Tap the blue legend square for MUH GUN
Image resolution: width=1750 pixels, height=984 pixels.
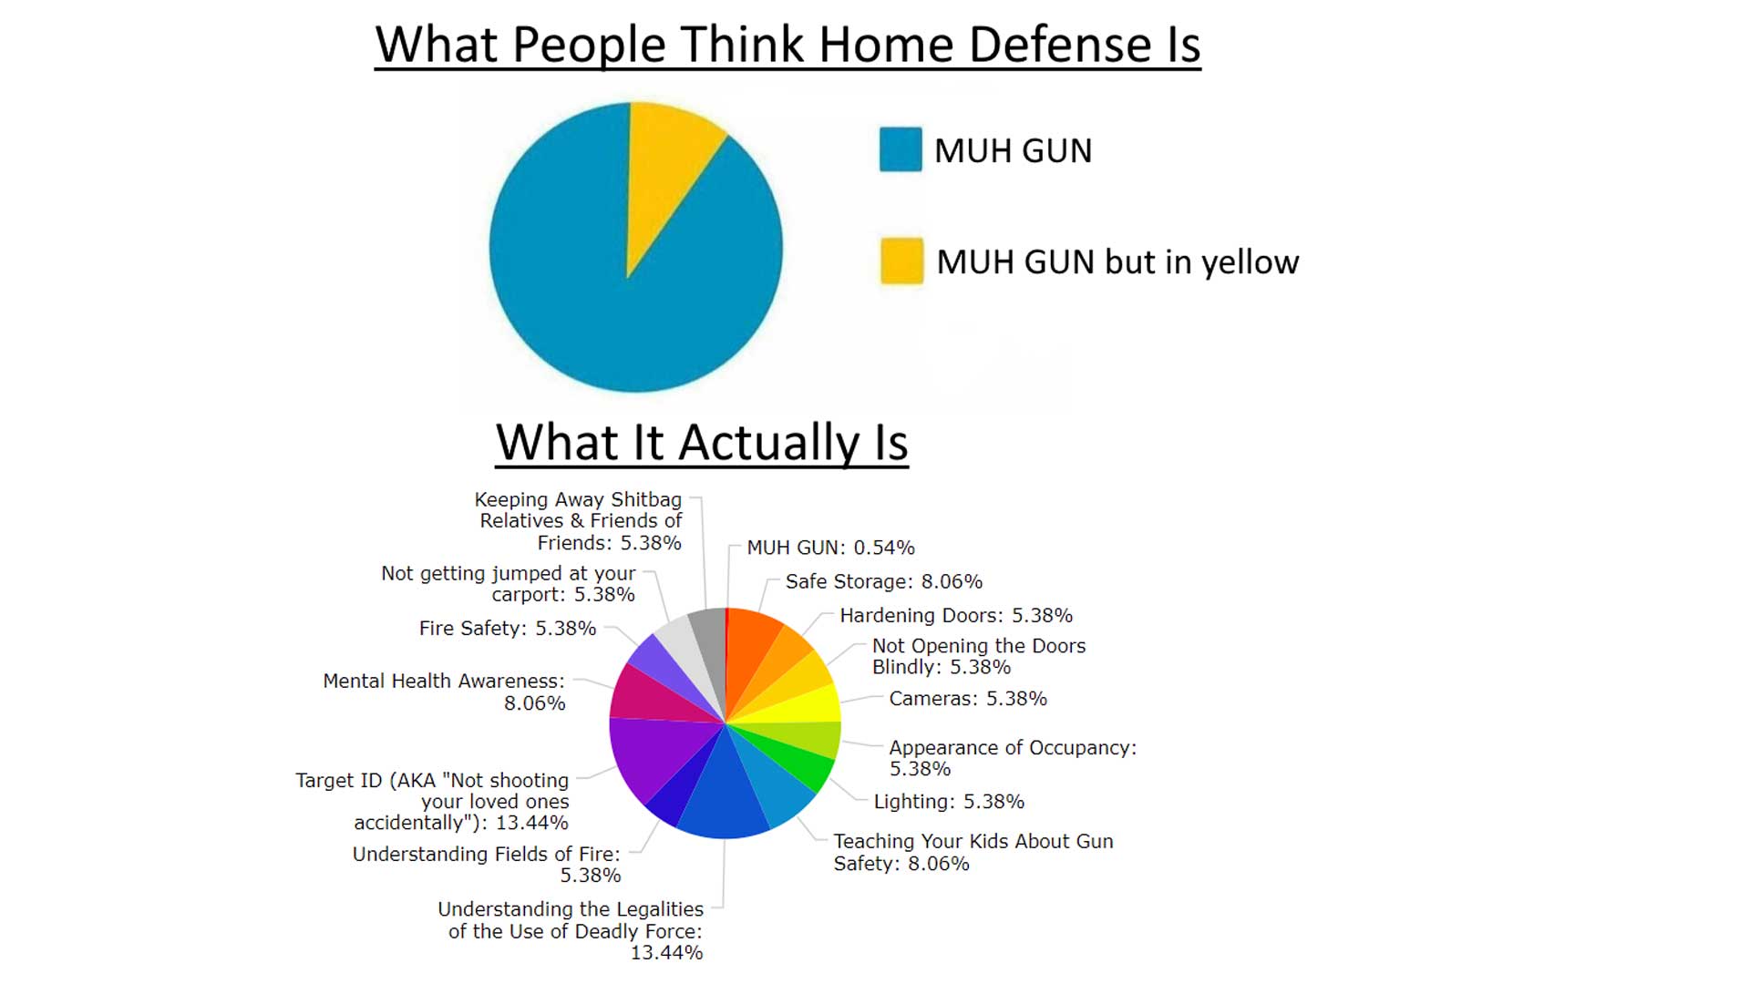click(x=901, y=149)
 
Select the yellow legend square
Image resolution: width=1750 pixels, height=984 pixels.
click(x=901, y=261)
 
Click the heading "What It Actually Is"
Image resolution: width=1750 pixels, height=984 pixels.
click(x=702, y=443)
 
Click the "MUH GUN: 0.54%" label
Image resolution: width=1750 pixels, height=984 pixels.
click(x=830, y=548)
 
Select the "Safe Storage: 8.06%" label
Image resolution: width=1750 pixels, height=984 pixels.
click(x=884, y=581)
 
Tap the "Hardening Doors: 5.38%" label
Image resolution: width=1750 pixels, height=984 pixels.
click(x=956, y=615)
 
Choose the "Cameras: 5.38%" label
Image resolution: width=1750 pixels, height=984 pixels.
click(x=968, y=698)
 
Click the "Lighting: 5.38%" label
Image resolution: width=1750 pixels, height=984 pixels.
click(x=949, y=802)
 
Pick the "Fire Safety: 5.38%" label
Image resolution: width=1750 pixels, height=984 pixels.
click(x=508, y=628)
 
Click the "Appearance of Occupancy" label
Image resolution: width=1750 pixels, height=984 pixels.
click(x=1013, y=758)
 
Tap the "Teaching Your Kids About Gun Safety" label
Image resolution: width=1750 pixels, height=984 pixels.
click(x=973, y=852)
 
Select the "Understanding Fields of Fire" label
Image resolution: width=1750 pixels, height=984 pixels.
click(x=487, y=865)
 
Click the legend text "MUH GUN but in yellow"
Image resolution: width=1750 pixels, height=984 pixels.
click(x=1117, y=262)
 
